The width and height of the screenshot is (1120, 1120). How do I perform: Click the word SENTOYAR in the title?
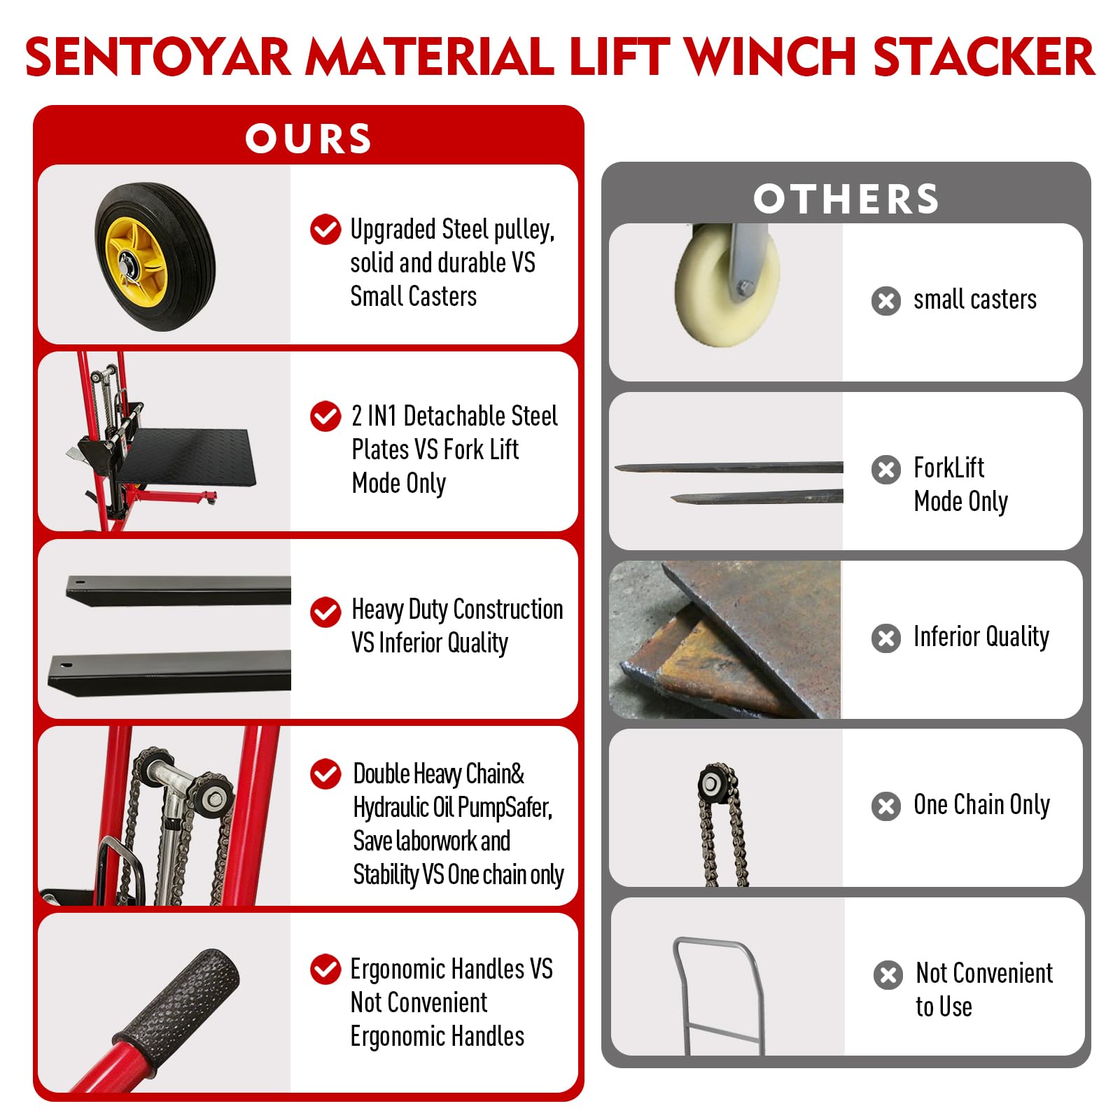click(157, 57)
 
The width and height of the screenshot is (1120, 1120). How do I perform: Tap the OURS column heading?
click(308, 139)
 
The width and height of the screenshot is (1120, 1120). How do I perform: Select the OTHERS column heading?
click(846, 199)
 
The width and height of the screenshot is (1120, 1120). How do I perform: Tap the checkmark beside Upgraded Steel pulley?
click(325, 230)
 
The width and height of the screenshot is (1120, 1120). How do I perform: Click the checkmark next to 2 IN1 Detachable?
click(325, 416)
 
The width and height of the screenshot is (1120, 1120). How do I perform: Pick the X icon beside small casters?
click(886, 301)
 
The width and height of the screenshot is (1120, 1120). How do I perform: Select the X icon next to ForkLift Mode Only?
click(886, 470)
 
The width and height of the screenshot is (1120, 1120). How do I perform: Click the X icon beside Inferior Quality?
click(886, 638)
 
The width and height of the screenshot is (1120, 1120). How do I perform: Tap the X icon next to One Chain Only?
click(886, 806)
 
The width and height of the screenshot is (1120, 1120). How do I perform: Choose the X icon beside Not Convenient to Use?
click(888, 975)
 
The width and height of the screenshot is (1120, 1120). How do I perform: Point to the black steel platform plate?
click(183, 455)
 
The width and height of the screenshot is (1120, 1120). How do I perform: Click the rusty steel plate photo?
click(725, 640)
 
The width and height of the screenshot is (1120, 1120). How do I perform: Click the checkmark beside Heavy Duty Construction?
click(325, 612)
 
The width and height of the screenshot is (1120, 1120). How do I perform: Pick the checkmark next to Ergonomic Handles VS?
click(325, 969)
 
